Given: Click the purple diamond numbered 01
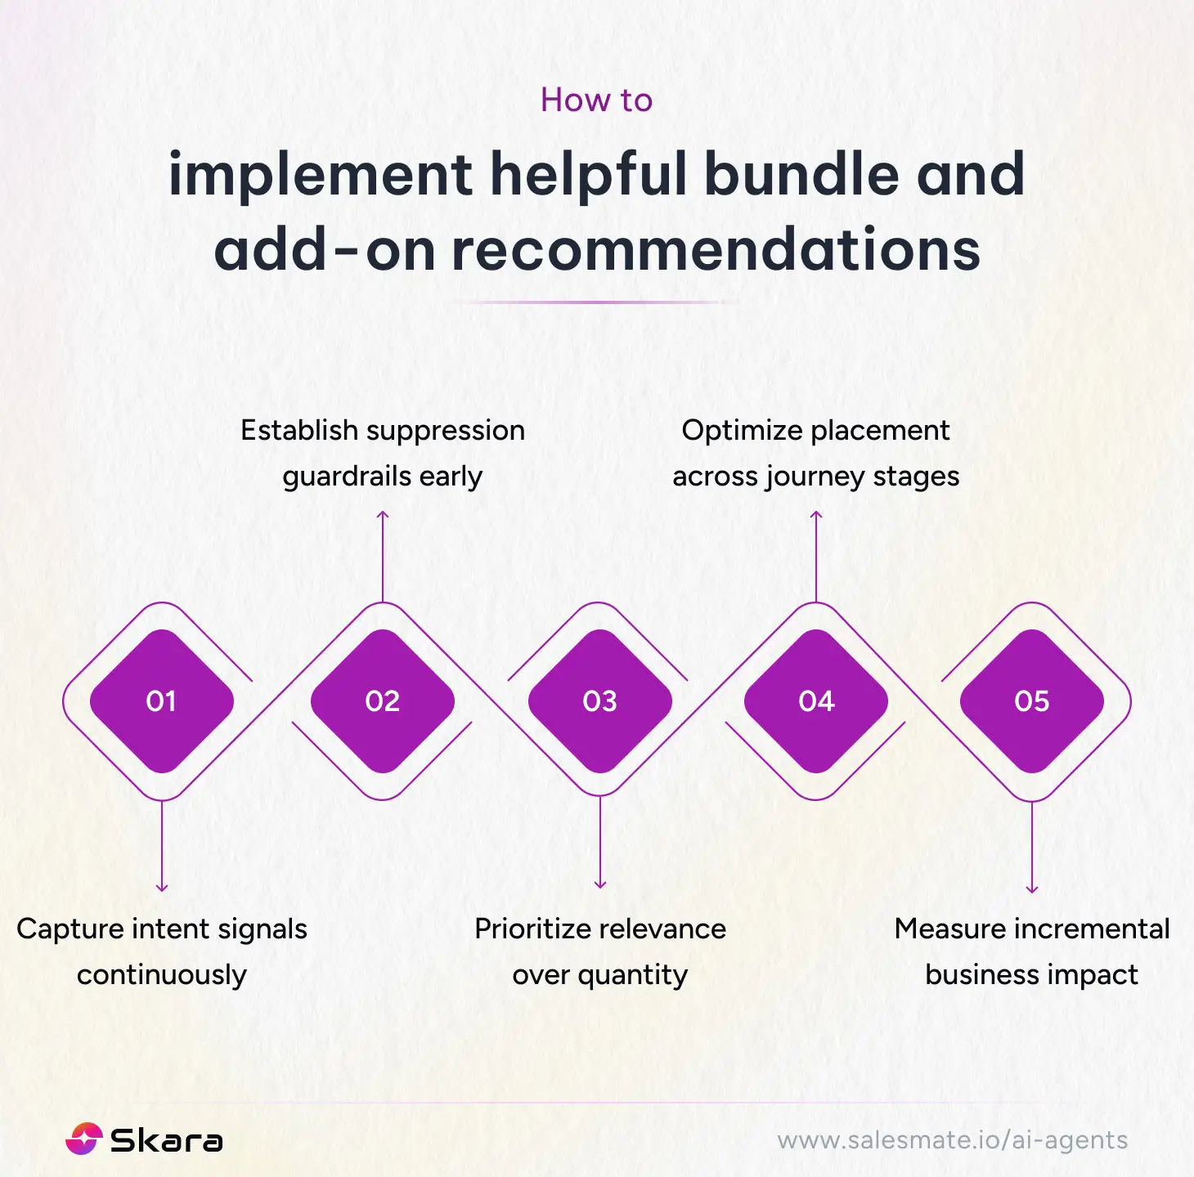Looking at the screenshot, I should (x=161, y=701).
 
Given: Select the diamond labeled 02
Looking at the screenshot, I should (x=382, y=701).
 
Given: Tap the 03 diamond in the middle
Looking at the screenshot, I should (x=599, y=701).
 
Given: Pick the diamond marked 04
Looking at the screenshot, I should (x=816, y=701).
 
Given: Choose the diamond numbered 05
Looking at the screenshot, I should (x=1032, y=701).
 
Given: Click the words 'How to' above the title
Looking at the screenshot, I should (x=596, y=101).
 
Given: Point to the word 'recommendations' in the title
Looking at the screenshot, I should (x=716, y=250).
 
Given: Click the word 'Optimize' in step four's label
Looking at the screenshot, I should (x=742, y=430).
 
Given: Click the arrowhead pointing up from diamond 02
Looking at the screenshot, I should (x=383, y=515).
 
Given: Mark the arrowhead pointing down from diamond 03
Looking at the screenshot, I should (x=600, y=884).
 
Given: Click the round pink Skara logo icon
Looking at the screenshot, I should (x=83, y=1139).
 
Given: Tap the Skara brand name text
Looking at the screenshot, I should (x=166, y=1141).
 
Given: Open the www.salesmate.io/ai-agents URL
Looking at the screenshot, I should (x=952, y=1140).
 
